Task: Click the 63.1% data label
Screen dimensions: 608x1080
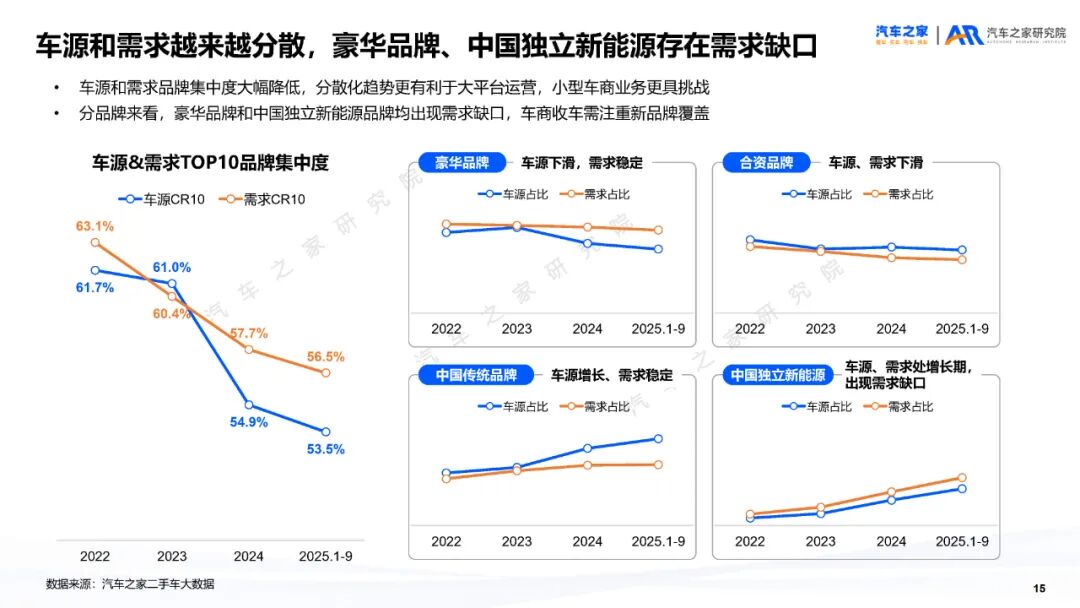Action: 95,226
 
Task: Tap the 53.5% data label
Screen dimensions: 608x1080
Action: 326,450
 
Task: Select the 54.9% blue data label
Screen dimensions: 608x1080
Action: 249,422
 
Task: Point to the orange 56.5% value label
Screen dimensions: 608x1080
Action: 326,356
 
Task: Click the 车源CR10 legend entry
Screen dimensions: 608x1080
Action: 163,199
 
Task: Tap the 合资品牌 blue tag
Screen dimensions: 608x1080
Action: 766,163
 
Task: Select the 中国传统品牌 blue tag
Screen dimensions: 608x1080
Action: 476,376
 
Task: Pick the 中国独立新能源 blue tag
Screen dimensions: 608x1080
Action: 778,376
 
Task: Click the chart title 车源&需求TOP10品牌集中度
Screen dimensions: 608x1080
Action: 211,163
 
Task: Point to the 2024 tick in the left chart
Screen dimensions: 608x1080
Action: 249,556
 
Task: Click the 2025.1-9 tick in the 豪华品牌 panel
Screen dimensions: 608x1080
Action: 658,328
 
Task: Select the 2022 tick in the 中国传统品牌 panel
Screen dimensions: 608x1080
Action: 446,541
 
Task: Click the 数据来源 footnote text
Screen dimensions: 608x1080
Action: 130,584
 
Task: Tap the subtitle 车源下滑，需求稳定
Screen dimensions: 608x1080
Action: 582,163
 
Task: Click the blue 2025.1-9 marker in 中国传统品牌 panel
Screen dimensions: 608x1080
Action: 658,438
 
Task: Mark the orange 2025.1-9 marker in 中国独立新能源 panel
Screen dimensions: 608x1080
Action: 962,478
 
